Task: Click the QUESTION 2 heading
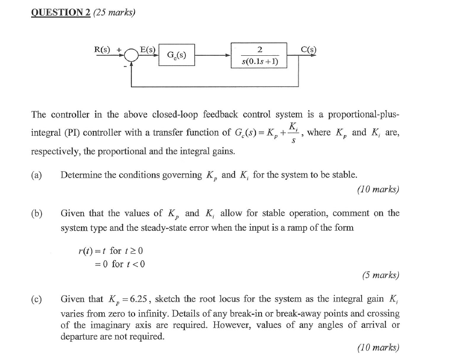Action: click(x=60, y=12)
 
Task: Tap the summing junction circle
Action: click(x=131, y=55)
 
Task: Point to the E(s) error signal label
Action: click(x=148, y=50)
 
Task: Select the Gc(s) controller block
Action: click(x=177, y=55)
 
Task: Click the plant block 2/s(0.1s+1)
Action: click(x=260, y=55)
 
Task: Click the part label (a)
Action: click(x=37, y=175)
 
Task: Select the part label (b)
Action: click(x=37, y=213)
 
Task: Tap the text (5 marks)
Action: click(x=381, y=275)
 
